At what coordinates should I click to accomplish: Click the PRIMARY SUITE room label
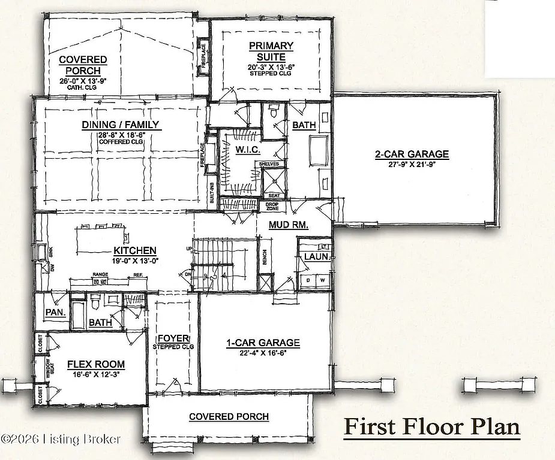tap(271, 52)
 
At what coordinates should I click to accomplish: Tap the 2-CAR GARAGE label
tap(412, 155)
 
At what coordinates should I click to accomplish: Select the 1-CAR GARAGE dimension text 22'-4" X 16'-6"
tap(263, 353)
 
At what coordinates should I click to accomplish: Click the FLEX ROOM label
tap(96, 364)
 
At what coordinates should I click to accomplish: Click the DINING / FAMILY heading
tap(121, 125)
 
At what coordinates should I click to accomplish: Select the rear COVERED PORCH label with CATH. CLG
tap(83, 65)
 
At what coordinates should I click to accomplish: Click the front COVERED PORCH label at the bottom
tap(229, 416)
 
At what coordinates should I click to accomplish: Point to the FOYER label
tap(173, 338)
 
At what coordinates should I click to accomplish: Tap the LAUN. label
tap(316, 256)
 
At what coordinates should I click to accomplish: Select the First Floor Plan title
tap(431, 427)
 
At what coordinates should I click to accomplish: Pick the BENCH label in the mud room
tap(265, 256)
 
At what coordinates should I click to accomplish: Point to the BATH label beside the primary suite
tap(304, 125)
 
